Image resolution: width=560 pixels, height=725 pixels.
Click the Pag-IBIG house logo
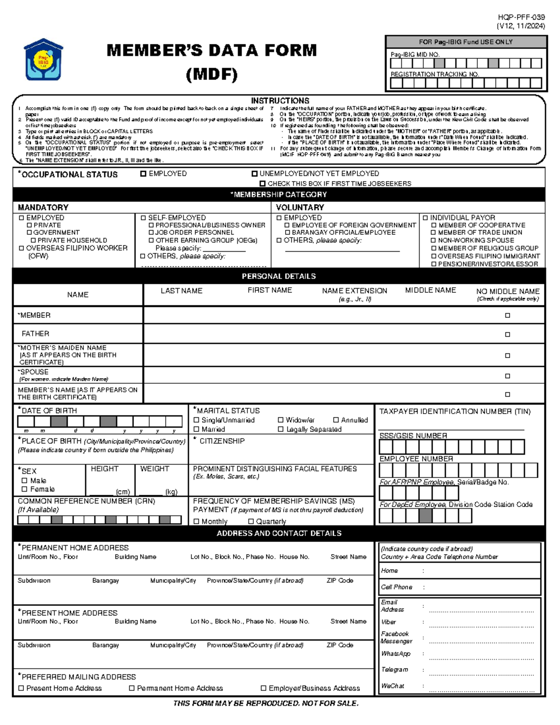click(x=43, y=60)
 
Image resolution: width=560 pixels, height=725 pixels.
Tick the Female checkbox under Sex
click(x=25, y=489)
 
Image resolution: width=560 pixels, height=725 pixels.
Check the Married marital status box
click(x=196, y=429)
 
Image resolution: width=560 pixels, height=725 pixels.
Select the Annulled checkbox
click(x=336, y=420)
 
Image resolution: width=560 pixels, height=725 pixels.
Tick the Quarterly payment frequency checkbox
click(x=251, y=521)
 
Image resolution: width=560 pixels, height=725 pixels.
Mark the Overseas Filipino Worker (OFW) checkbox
click(x=21, y=248)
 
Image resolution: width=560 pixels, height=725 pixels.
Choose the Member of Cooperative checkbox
click(x=434, y=225)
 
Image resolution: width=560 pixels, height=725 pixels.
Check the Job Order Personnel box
click(x=151, y=232)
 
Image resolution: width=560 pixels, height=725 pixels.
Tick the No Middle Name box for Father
click(x=507, y=334)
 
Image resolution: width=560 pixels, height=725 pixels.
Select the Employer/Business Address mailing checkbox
click(x=264, y=688)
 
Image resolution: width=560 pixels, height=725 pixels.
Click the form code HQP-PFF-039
click(x=521, y=17)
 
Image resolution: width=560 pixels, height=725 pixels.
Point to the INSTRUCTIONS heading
click(x=280, y=100)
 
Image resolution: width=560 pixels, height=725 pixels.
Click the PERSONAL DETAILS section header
click(x=279, y=276)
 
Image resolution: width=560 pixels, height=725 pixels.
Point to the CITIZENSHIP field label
click(x=222, y=441)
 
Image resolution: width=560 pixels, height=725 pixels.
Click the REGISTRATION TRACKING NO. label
click(x=435, y=74)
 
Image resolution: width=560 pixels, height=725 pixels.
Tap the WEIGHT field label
click(x=154, y=469)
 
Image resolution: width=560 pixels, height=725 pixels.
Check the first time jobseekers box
click(x=263, y=184)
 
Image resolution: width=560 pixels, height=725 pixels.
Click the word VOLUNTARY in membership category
click(x=300, y=207)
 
